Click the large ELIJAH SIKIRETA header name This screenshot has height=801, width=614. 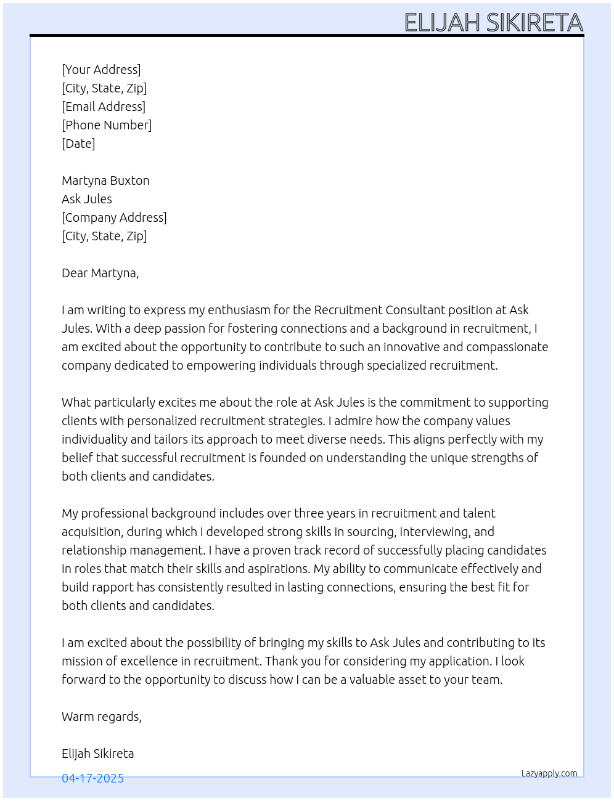[x=493, y=23]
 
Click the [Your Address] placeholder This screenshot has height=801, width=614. [x=101, y=70]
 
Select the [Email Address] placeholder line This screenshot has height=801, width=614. [x=104, y=107]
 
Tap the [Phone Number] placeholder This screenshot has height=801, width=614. [x=107, y=125]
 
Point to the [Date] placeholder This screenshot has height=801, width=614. [x=78, y=144]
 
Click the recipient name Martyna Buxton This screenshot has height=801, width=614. [x=105, y=181]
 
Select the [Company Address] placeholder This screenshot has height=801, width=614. [x=114, y=218]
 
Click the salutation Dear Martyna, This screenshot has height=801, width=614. [x=100, y=273]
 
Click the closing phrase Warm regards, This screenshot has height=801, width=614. [x=102, y=717]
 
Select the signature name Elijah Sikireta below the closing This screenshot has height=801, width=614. [x=97, y=754]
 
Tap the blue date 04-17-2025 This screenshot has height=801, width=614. [x=92, y=778]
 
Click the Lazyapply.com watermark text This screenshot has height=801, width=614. [x=549, y=773]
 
